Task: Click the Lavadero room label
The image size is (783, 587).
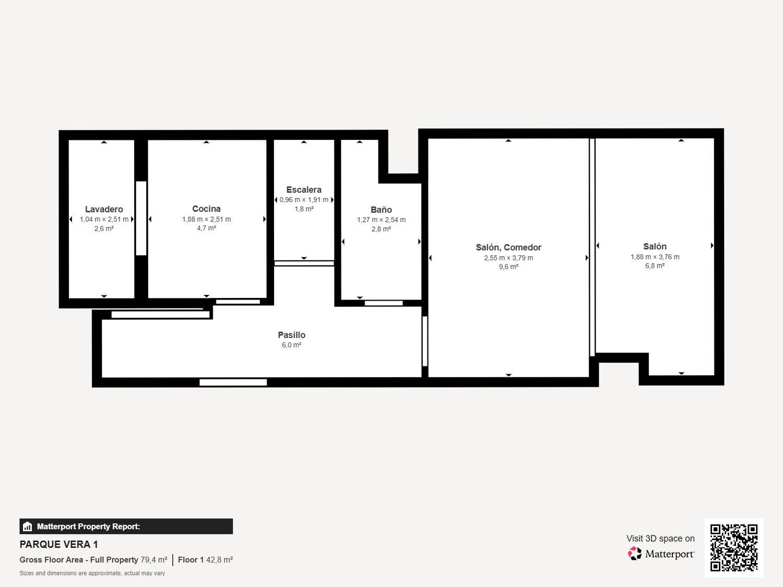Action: [x=104, y=209]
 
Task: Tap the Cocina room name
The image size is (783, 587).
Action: [x=206, y=209]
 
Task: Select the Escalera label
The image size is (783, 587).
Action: [x=304, y=189]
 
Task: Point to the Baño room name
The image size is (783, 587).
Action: [x=381, y=210]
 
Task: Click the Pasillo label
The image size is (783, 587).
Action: [x=291, y=335]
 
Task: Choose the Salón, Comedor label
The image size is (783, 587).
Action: [x=508, y=247]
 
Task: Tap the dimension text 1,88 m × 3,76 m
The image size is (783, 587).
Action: [x=655, y=257]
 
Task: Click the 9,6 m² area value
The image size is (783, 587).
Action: [x=508, y=267]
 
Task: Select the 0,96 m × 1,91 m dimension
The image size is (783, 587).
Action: [x=304, y=200]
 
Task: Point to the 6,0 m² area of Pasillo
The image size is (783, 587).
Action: [x=291, y=345]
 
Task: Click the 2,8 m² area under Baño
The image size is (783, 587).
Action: [x=381, y=229]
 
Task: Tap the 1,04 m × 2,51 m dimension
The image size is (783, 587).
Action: [x=104, y=220]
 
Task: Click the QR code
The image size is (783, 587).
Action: [x=734, y=548]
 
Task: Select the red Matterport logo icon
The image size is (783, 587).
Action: [x=635, y=554]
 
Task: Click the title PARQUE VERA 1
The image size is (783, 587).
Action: [x=58, y=545]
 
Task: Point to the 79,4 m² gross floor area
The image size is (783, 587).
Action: [x=154, y=560]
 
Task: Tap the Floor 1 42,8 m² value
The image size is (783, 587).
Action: [x=206, y=560]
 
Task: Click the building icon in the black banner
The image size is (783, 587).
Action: [x=28, y=526]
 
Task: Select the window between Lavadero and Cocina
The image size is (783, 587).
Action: [x=141, y=218]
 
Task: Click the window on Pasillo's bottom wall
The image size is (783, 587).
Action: [x=233, y=382]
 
